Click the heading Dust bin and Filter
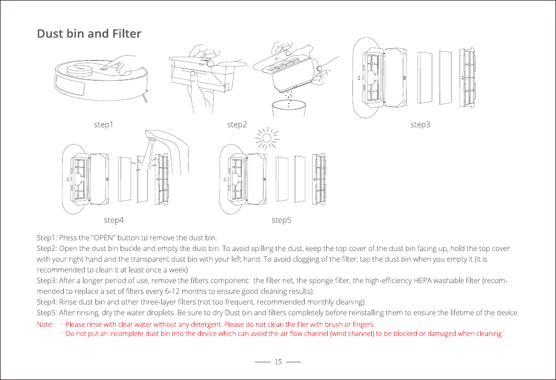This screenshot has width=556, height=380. (x=89, y=34)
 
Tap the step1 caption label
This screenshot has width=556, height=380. (x=104, y=125)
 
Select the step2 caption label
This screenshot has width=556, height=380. (x=237, y=125)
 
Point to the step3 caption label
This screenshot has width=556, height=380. (x=420, y=125)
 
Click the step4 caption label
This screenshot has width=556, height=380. (x=114, y=220)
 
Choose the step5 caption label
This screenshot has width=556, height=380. (x=281, y=220)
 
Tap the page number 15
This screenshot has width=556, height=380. (x=278, y=362)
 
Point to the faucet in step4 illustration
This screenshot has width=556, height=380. (x=161, y=138)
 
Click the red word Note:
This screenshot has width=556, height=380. (x=44, y=324)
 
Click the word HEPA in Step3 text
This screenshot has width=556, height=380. (x=423, y=281)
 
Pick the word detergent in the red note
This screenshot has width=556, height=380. (x=204, y=324)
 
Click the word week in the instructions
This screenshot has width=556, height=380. (x=176, y=270)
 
